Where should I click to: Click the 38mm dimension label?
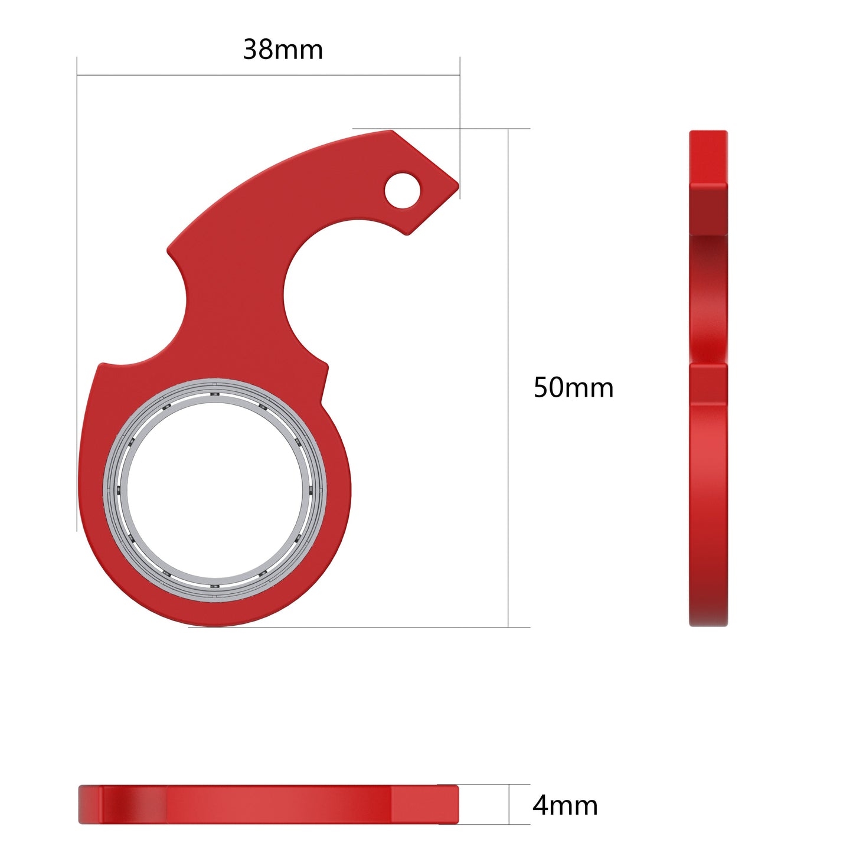(283, 50)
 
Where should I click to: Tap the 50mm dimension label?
(573, 388)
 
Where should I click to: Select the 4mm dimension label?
(565, 805)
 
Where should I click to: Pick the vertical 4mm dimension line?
(509, 804)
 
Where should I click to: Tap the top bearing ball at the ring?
(215, 394)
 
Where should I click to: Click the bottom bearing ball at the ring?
(215, 586)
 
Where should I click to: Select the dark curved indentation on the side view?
(708, 295)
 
